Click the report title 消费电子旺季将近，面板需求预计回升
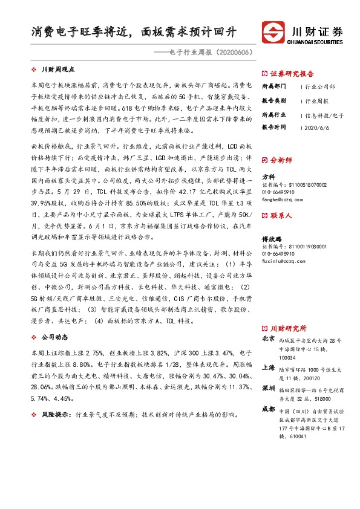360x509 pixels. click(x=136, y=31)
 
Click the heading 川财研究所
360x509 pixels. click(x=288, y=327)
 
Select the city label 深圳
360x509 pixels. click(x=268, y=387)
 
